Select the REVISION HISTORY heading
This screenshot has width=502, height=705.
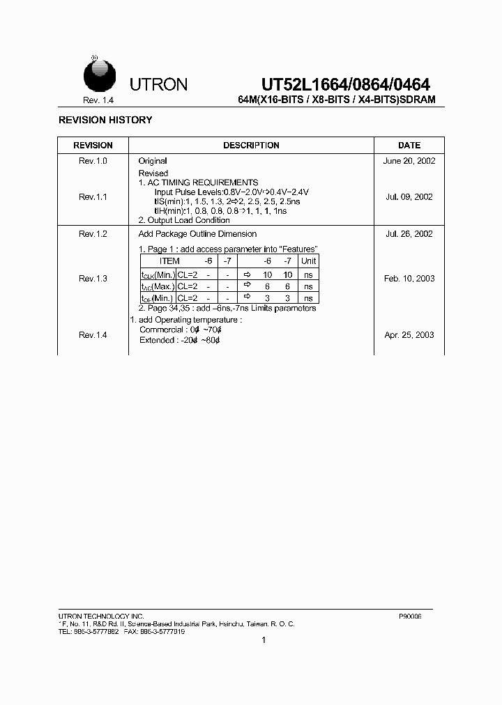click(x=105, y=120)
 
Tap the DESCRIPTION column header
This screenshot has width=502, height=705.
click(x=251, y=146)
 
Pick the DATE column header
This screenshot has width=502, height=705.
click(x=409, y=146)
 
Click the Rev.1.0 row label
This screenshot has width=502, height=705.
click(x=93, y=161)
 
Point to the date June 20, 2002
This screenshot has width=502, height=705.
click(x=409, y=161)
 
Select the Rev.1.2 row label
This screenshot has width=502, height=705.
click(x=93, y=234)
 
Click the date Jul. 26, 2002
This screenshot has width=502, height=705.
click(x=409, y=234)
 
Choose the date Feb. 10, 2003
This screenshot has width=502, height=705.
click(x=409, y=279)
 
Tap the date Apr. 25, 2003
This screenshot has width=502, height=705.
click(x=409, y=335)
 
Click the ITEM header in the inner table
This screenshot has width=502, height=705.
click(x=169, y=261)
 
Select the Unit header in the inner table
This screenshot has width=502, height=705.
click(x=308, y=261)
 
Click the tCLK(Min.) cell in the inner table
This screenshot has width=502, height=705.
click(x=158, y=274)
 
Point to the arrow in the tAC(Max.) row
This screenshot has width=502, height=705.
click(x=247, y=286)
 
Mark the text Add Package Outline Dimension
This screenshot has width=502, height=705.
click(x=197, y=234)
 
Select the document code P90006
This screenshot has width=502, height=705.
click(x=410, y=617)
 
